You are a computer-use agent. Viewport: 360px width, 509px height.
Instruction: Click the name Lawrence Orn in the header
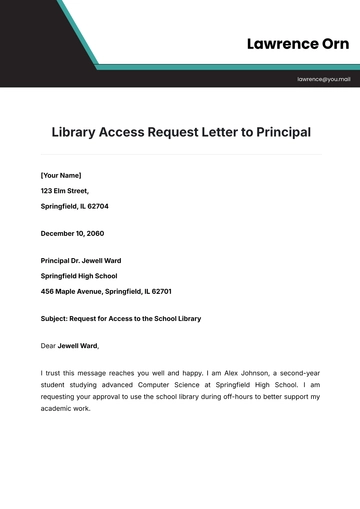coord(298,44)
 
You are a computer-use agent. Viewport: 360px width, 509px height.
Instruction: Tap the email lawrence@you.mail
coord(323,78)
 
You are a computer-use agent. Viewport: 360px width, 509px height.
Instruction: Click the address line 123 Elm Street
coord(65,190)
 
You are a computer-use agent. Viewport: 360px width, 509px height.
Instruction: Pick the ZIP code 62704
coord(98,206)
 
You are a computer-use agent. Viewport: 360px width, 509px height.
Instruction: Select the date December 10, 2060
coord(74,233)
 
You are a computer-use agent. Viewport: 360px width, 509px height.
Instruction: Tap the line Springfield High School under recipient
coord(79,276)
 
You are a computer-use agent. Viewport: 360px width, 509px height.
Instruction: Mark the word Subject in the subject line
coord(56,319)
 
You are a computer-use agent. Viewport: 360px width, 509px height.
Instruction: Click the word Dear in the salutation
coord(48,346)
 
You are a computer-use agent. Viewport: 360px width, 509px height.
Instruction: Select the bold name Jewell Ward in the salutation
coord(78,346)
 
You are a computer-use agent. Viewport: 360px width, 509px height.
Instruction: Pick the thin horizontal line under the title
coord(180,154)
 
